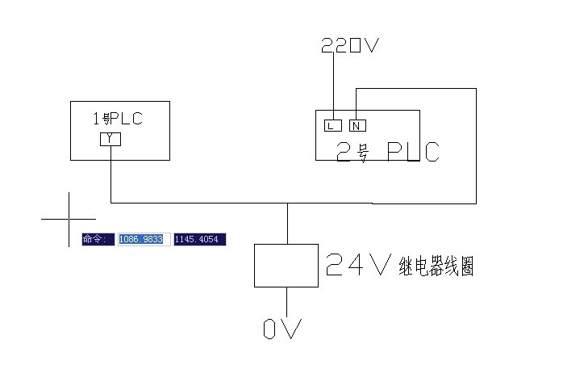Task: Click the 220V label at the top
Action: [349, 46]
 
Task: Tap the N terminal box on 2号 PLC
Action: [357, 125]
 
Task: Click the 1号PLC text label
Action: [119, 119]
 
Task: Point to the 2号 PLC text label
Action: [387, 151]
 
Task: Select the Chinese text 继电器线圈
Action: [436, 266]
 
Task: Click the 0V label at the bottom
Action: [282, 329]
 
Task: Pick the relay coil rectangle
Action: [286, 265]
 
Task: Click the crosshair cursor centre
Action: [69, 218]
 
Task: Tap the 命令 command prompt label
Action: [98, 239]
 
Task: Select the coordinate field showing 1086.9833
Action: [143, 239]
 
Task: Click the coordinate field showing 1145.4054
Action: [199, 239]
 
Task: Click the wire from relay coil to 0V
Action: [286, 300]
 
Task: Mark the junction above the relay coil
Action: [287, 203]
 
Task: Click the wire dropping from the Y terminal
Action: [110, 174]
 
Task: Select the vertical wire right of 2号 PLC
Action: [476, 145]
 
